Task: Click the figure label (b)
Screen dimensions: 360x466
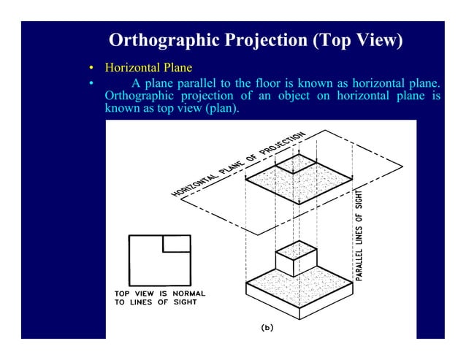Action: click(267, 327)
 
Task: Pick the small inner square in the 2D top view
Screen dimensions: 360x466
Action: click(176, 243)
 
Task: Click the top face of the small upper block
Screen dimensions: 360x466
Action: click(297, 250)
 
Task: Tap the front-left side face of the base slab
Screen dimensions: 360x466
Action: click(271, 300)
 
